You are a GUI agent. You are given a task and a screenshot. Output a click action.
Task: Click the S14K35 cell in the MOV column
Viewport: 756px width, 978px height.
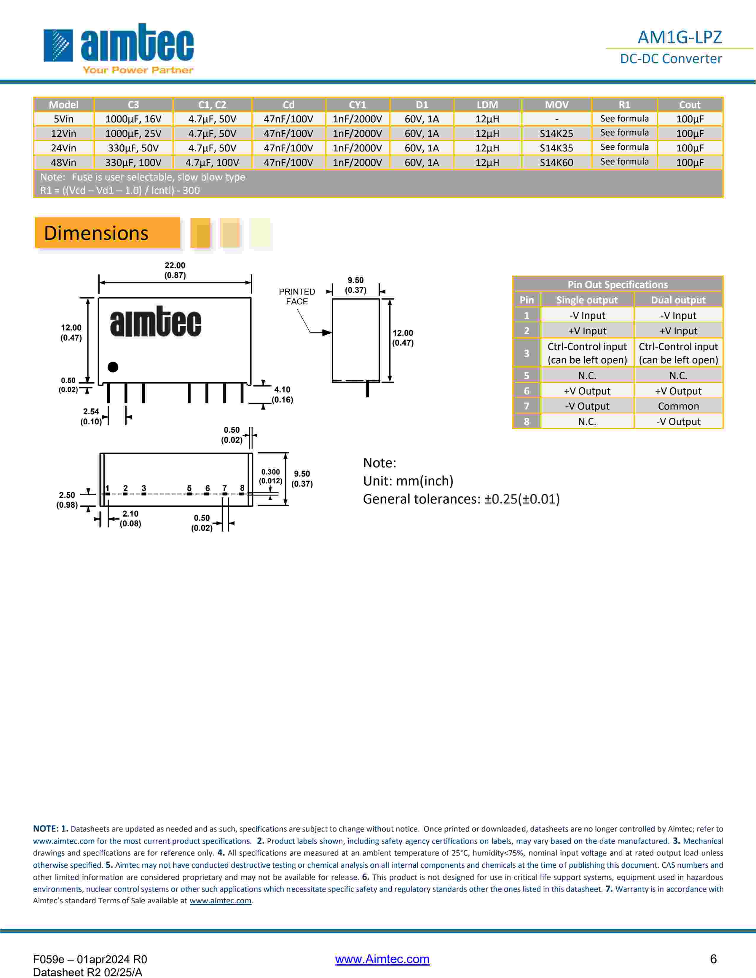pyautogui.click(x=556, y=148)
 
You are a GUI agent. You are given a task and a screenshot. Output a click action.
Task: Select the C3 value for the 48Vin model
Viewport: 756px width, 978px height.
pyautogui.click(x=133, y=162)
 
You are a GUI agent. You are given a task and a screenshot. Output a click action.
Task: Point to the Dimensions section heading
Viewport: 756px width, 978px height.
pyautogui.click(x=96, y=233)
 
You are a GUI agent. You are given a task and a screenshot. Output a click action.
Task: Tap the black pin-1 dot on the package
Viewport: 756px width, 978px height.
pyautogui.click(x=113, y=367)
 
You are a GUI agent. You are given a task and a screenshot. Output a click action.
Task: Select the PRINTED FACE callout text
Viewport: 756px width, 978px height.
pyautogui.click(x=297, y=296)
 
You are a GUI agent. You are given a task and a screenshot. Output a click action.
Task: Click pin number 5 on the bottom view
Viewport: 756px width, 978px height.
pyautogui.click(x=189, y=488)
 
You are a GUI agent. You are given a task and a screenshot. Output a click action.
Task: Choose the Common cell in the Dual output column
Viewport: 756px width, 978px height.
pyautogui.click(x=678, y=406)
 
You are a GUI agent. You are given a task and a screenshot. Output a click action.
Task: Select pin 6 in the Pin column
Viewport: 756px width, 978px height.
pyautogui.click(x=526, y=391)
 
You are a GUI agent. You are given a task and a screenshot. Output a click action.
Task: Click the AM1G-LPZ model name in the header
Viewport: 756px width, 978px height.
pyautogui.click(x=680, y=37)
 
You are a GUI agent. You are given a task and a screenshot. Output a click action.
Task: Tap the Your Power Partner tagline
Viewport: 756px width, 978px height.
pyautogui.click(x=138, y=70)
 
